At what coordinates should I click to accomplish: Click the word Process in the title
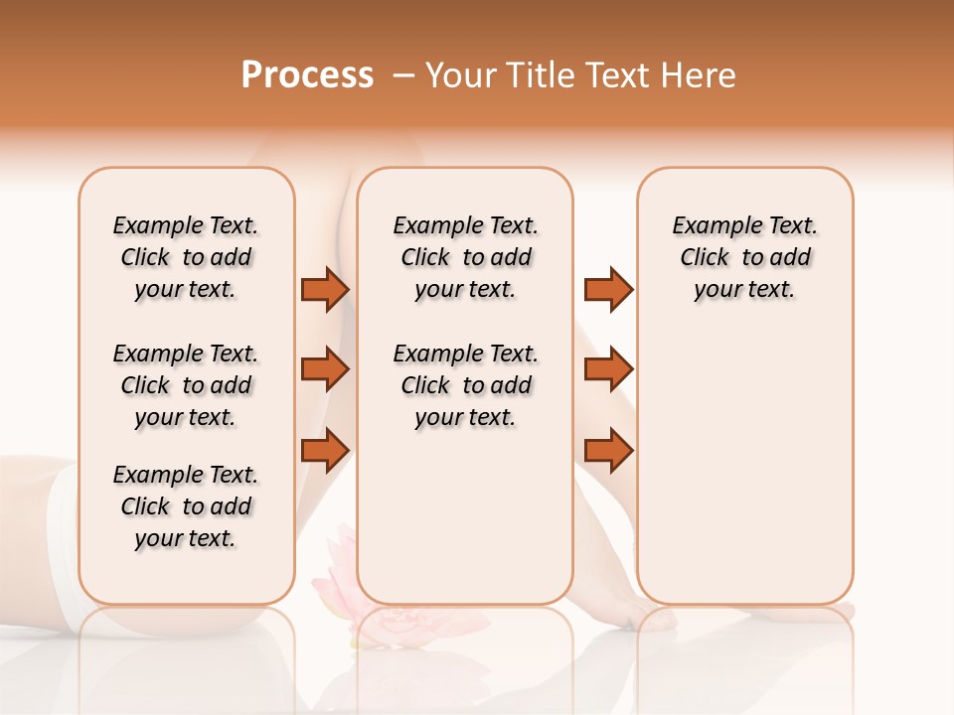(x=307, y=75)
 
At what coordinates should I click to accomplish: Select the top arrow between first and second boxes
(x=325, y=290)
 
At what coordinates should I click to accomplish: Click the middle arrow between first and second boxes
(x=325, y=369)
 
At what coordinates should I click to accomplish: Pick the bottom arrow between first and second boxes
(x=325, y=450)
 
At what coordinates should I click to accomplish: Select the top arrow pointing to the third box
(x=608, y=290)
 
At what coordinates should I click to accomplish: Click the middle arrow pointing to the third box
(x=608, y=369)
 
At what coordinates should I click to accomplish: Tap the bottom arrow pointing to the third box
(x=608, y=450)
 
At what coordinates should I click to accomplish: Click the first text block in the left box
(x=186, y=257)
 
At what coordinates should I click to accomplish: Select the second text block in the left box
(x=186, y=385)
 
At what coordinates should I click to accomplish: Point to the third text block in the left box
(x=186, y=506)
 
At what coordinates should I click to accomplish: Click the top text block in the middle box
(x=466, y=257)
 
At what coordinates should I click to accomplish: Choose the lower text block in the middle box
(x=466, y=385)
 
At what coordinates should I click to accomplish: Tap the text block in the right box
(x=745, y=257)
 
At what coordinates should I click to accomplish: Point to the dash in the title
(x=403, y=75)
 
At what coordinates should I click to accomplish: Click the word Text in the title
(x=620, y=75)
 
